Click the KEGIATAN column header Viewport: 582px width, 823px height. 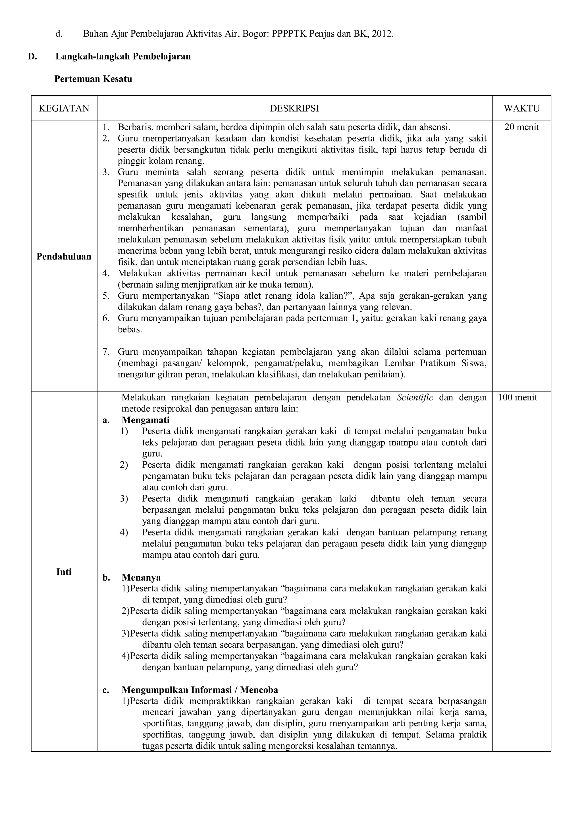click(x=64, y=108)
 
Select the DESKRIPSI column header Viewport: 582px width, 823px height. click(x=294, y=108)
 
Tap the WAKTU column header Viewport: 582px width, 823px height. click(x=521, y=108)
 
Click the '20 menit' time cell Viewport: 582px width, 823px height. click(x=521, y=127)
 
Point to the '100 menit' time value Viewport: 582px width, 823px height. click(x=517, y=398)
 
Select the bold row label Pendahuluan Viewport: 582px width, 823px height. click(x=64, y=257)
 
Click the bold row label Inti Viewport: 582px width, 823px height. click(x=64, y=572)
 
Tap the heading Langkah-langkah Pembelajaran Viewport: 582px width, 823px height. click(x=123, y=57)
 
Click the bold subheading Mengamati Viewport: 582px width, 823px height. click(x=145, y=420)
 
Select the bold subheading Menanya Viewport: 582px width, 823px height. click(x=141, y=577)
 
